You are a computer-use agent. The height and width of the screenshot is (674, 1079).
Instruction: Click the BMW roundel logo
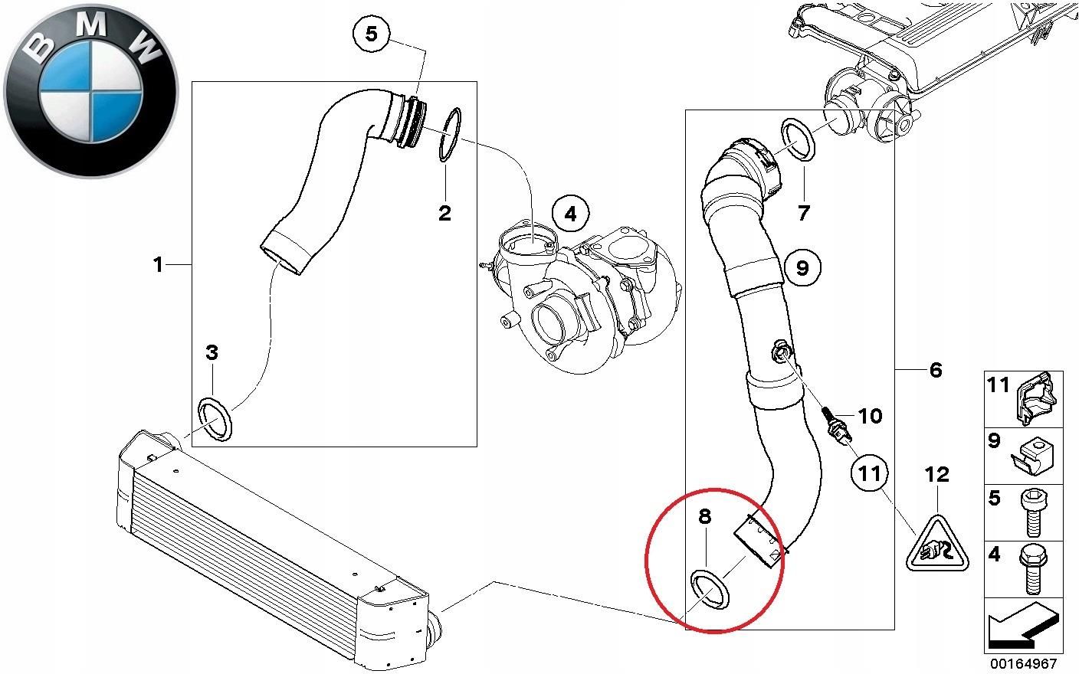[90, 90]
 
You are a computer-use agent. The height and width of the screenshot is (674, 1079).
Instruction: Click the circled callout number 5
[371, 34]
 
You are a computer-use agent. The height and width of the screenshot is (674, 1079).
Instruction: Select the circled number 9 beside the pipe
[802, 267]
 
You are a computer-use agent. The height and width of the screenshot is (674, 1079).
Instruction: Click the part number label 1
[158, 265]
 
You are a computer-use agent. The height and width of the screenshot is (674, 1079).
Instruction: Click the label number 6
[935, 370]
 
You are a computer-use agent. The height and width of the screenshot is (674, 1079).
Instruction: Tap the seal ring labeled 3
[216, 418]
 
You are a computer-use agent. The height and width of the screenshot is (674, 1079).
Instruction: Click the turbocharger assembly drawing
[582, 299]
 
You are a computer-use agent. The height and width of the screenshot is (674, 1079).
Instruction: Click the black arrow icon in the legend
[1023, 624]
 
